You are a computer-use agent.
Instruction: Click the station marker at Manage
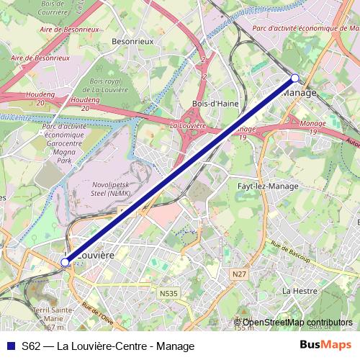pos(294,78)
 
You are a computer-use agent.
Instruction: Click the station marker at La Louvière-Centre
pos(65,263)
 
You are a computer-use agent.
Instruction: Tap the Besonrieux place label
pos(133,42)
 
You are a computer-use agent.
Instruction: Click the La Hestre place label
pos(299,291)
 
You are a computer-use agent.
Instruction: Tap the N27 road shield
pos(240,274)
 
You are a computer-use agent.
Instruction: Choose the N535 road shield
pos(168,293)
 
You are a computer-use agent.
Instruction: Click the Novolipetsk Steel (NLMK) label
pos(112,189)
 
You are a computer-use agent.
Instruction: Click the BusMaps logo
pos(325,346)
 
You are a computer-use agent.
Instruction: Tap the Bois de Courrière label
pos(55,8)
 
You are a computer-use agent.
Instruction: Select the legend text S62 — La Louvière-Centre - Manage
pos(108,346)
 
